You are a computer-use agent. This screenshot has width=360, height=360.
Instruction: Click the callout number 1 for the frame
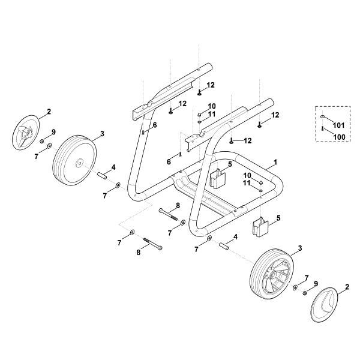point(275,162)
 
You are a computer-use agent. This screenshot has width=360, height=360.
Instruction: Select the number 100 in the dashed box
point(338,137)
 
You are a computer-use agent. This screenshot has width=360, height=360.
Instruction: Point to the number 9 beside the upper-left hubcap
point(53,132)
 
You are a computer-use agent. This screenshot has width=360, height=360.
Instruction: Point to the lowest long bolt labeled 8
point(152,245)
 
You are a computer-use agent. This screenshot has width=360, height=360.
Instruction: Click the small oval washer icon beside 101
point(323,118)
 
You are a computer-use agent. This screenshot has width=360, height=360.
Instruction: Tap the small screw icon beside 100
point(323,128)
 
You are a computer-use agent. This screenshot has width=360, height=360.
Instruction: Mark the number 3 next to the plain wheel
point(102,133)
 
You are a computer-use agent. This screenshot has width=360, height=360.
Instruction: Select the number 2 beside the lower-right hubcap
point(346,289)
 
